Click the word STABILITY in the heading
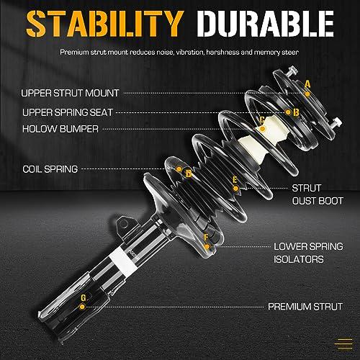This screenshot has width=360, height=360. [104, 24]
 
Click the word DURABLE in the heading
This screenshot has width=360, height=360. [265, 24]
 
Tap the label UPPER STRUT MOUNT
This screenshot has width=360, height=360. [70, 93]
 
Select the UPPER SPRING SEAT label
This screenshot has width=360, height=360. [68, 112]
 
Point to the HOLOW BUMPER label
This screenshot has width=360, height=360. [60, 129]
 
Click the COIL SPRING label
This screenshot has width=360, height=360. [50, 169]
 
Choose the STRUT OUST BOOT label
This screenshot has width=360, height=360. [318, 194]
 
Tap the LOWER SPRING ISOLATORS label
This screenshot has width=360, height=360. [308, 253]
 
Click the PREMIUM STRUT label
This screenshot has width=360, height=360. [305, 307]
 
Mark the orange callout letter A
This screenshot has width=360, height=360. [307, 84]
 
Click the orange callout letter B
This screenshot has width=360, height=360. [296, 112]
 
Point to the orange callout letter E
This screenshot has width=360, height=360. [235, 179]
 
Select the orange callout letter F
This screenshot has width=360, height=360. [206, 238]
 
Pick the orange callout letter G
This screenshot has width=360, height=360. [83, 298]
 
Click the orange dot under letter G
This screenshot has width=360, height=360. [82, 307]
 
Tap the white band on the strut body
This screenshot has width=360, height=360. [121, 261]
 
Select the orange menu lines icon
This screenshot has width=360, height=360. [343, 344]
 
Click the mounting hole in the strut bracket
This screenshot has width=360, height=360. [124, 225]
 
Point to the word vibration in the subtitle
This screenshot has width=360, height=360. [189, 52]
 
